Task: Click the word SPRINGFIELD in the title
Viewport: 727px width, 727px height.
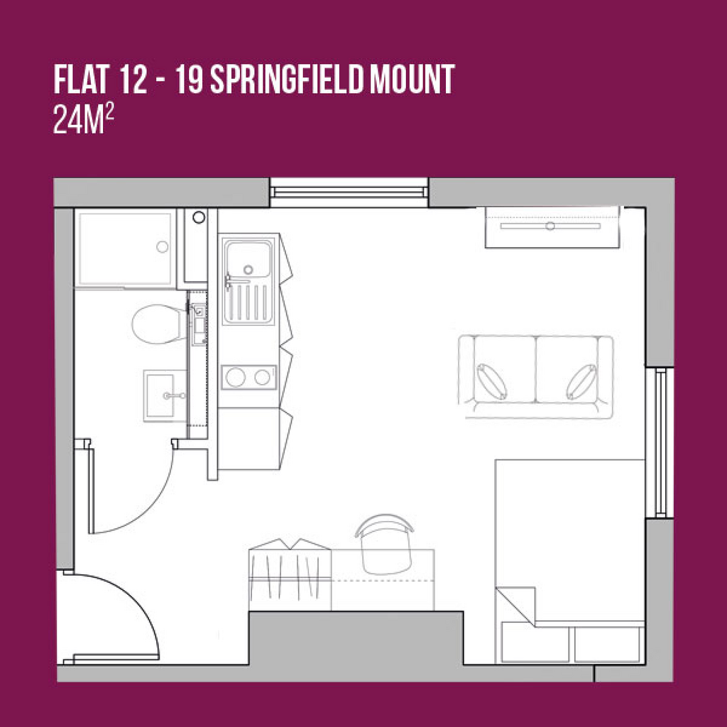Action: (286, 79)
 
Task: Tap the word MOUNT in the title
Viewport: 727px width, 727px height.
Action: (412, 79)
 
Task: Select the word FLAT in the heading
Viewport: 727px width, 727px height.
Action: (81, 79)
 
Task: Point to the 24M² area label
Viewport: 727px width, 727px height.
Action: (84, 119)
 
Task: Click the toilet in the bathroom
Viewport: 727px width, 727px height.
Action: (159, 324)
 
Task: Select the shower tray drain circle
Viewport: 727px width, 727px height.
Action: (163, 246)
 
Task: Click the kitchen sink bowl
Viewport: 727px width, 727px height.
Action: (248, 258)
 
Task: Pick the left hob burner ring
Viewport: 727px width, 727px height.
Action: (236, 377)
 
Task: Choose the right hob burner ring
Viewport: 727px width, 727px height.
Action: (262, 377)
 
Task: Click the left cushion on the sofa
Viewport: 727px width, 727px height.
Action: (492, 381)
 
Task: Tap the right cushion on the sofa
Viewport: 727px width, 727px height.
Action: (581, 381)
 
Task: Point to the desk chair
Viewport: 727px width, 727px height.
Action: (385, 544)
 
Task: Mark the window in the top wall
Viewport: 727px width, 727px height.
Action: (349, 192)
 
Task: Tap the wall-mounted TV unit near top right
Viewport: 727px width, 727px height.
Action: (552, 227)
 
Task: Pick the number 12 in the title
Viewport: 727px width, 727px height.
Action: (133, 79)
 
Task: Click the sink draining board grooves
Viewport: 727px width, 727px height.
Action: (248, 302)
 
